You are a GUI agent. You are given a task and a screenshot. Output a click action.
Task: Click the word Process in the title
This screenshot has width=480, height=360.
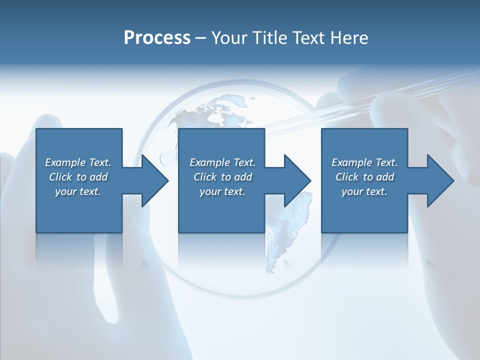click(157, 37)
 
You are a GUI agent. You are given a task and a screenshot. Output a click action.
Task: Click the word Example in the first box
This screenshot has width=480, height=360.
click(65, 162)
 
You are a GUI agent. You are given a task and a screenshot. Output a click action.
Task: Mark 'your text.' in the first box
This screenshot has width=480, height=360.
click(78, 191)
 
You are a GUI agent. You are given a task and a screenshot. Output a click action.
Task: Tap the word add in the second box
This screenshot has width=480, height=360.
click(243, 177)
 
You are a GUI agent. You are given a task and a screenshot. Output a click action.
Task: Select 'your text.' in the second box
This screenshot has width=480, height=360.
click(222, 191)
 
